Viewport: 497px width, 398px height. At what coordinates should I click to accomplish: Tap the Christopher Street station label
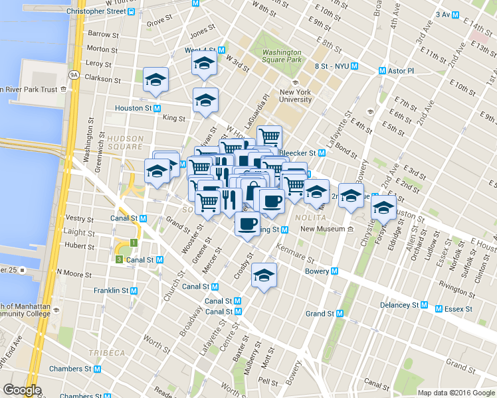click(96, 12)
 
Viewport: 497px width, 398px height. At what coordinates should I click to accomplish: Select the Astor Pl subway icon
click(383, 70)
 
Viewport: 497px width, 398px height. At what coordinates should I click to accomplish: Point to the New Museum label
click(324, 230)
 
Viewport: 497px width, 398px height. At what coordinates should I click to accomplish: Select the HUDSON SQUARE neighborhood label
click(125, 143)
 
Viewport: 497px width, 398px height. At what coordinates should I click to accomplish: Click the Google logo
click(22, 390)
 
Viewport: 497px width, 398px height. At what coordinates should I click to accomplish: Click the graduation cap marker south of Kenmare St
click(264, 276)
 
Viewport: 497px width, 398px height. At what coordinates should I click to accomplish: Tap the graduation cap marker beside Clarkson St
click(156, 80)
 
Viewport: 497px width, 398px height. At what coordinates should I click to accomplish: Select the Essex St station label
click(458, 309)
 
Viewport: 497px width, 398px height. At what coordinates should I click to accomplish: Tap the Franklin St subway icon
click(134, 291)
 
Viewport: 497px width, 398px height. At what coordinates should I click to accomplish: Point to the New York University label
click(296, 96)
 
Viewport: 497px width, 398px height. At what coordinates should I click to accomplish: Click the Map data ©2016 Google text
click(455, 392)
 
